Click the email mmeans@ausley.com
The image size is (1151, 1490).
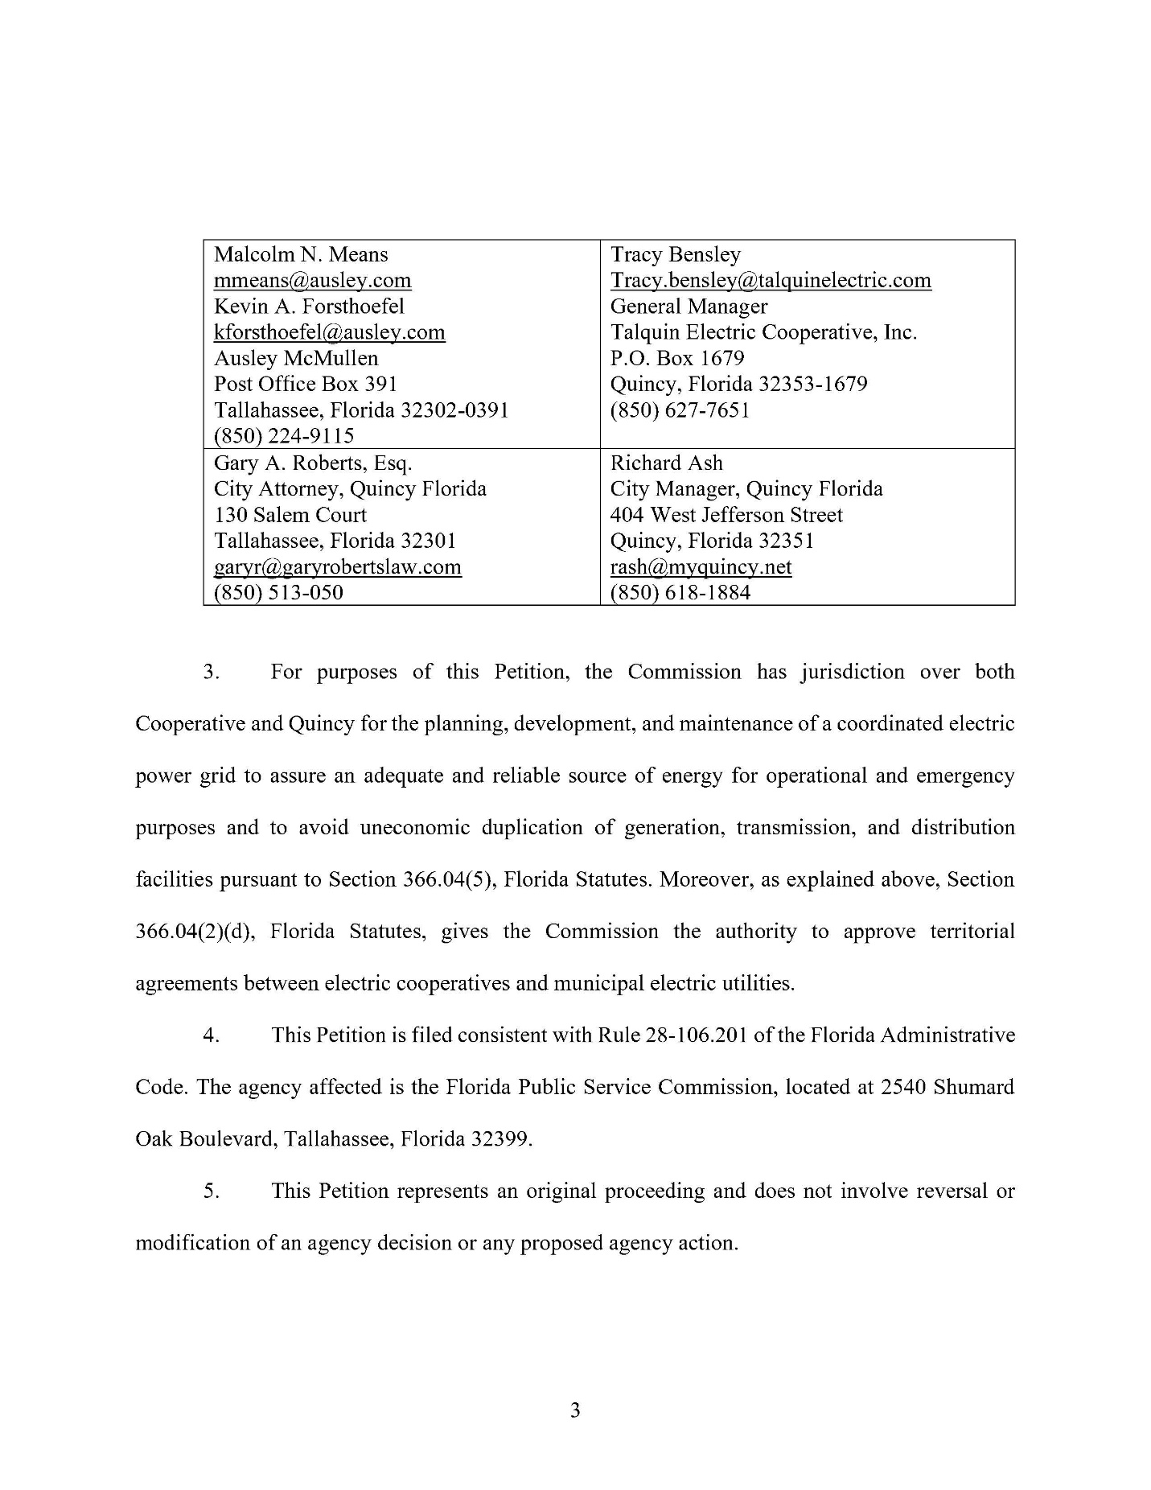pos(312,281)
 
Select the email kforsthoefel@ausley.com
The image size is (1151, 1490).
pos(329,332)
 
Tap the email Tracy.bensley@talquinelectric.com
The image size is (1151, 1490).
pos(770,281)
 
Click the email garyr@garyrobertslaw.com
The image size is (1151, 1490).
pos(337,567)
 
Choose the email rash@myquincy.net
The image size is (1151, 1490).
pos(701,567)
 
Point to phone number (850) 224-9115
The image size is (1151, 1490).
pos(284,436)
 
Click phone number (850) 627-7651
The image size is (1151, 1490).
pos(680,410)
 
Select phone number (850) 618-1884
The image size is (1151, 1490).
pos(680,593)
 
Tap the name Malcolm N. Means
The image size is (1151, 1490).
pos(301,255)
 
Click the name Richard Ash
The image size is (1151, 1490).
pos(666,463)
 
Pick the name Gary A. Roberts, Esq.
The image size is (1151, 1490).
pos(312,463)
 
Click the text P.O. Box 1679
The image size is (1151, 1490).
pos(676,358)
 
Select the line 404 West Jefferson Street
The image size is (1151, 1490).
pos(726,515)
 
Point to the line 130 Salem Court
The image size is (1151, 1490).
pos(290,515)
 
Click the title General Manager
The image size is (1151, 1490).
pos(689,307)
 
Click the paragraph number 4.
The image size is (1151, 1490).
pos(211,1035)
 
